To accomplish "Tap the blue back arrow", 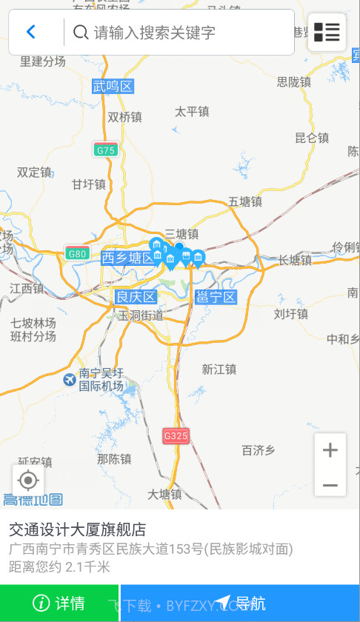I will [31, 32].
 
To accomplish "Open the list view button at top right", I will [327, 32].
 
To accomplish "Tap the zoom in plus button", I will [330, 449].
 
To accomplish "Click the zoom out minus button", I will [330, 485].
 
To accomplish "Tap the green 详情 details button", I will [59, 603].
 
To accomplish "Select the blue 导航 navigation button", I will [240, 603].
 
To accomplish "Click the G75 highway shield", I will [106, 150].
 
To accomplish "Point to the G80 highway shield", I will [77, 253].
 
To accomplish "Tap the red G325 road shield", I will [176, 436].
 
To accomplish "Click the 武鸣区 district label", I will [113, 87].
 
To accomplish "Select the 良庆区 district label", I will [136, 298].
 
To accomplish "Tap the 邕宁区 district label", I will [216, 298].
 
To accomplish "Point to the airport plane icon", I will [70, 380].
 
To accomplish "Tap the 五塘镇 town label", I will [245, 201].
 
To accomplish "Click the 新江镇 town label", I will [219, 369].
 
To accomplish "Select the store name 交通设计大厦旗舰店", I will [77, 529].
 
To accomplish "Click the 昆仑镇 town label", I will [311, 138].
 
